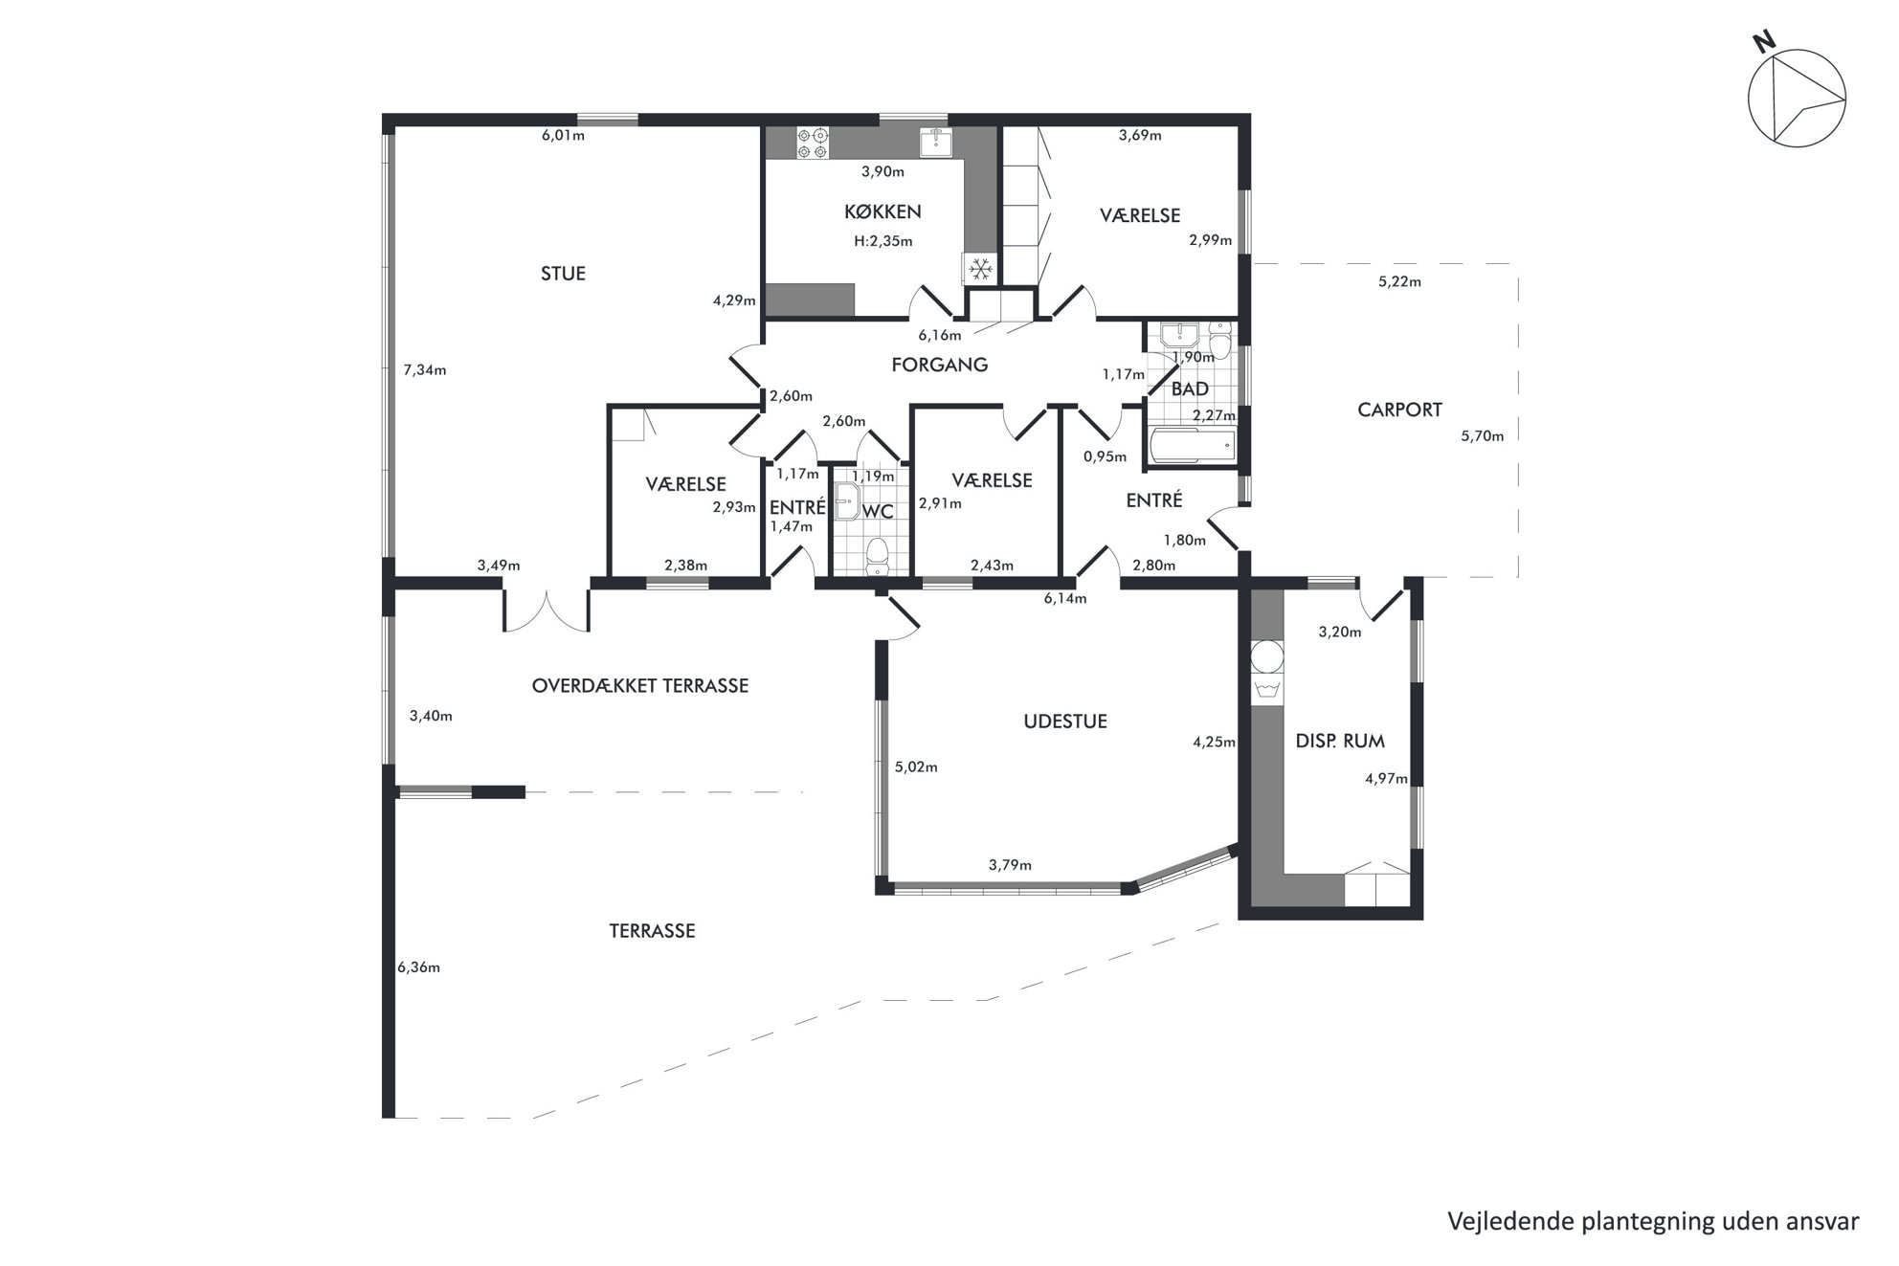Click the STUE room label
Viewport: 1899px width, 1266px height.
click(563, 274)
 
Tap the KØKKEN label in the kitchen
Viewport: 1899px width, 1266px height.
click(882, 212)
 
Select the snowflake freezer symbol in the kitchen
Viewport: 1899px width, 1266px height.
click(979, 270)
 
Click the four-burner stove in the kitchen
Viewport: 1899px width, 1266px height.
click(813, 144)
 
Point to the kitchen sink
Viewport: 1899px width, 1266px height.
click(935, 143)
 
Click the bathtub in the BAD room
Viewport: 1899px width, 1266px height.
click(1192, 446)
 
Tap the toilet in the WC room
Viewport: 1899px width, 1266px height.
click(877, 554)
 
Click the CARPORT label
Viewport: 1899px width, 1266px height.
click(1399, 410)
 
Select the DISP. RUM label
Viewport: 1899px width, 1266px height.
click(1340, 741)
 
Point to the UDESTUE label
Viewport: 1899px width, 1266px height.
click(1065, 722)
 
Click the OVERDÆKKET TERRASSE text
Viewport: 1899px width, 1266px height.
click(640, 685)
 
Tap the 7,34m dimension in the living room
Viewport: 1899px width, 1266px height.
click(425, 370)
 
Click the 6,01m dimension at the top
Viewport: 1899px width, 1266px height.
click(563, 135)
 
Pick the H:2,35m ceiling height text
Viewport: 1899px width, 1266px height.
click(883, 241)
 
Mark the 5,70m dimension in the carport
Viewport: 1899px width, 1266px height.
click(1482, 436)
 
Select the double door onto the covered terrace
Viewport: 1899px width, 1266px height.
click(547, 610)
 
